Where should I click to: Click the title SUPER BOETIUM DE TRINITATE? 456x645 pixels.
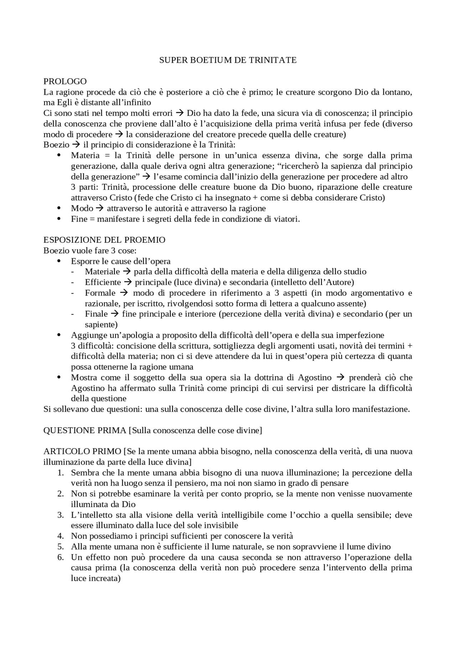228,60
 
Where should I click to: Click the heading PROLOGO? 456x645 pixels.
65,82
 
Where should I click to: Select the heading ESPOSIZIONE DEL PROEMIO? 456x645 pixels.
104,240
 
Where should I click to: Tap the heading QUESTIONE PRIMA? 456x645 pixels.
84,430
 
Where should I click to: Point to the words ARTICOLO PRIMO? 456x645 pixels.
82,452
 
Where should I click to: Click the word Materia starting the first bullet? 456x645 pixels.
83,156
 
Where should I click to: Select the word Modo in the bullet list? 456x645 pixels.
82,208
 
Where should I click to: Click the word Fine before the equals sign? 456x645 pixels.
79,219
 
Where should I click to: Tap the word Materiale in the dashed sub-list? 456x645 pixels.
102,272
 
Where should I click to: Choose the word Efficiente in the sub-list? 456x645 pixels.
103,282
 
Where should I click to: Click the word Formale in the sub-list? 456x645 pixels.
100,293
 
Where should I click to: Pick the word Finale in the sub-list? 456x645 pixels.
96,314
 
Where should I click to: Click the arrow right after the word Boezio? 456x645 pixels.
76,145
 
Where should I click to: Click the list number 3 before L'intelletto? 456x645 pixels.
61,515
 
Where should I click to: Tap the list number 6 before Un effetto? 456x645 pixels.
61,557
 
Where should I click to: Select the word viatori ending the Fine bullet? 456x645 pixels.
286,219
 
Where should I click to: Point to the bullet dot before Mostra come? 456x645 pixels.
59,378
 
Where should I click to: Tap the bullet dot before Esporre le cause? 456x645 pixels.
59,261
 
